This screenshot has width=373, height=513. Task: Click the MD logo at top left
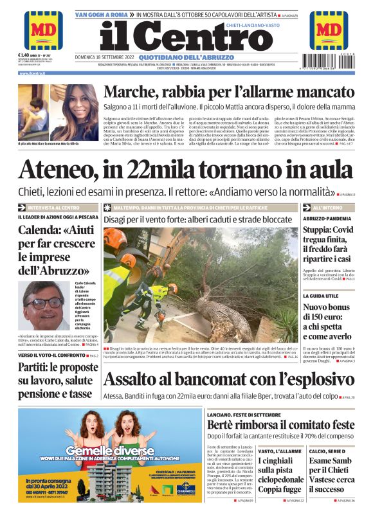pos(44,30)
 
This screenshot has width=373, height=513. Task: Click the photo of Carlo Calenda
pos(46,305)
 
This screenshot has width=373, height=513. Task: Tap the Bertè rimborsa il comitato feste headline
pos(280,425)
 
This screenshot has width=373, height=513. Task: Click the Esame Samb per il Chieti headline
pos(331,474)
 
